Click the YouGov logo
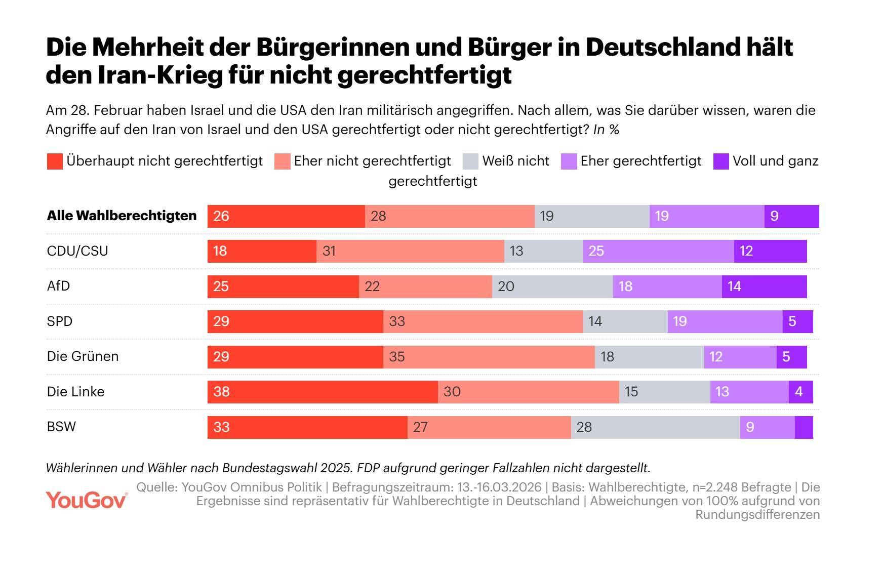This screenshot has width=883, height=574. (x=86, y=500)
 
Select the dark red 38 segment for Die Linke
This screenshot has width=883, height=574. (x=323, y=392)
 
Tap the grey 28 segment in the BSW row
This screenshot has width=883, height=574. (x=655, y=427)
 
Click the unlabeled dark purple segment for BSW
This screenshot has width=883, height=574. (x=804, y=427)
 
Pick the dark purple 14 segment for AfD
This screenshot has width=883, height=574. (x=764, y=286)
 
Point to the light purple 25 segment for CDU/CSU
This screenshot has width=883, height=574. (x=658, y=251)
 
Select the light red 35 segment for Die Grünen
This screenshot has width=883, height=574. (x=489, y=357)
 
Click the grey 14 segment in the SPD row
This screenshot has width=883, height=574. (x=625, y=321)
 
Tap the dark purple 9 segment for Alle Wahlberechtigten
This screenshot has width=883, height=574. (x=791, y=216)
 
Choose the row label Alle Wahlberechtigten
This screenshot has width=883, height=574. (x=122, y=216)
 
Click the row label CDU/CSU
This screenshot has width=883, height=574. (x=77, y=251)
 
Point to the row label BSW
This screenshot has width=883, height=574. (x=61, y=427)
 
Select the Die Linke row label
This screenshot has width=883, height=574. (x=75, y=392)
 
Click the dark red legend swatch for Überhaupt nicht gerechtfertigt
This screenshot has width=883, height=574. (x=55, y=161)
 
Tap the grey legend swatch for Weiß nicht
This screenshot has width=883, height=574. (x=470, y=161)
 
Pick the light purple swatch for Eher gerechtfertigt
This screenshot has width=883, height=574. (x=569, y=161)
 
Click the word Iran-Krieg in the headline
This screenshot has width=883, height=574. (x=159, y=75)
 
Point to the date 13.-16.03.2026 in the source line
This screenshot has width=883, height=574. (x=499, y=487)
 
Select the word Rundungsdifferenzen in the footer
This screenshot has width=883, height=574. (x=757, y=514)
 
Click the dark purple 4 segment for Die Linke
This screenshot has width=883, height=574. (x=800, y=392)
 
